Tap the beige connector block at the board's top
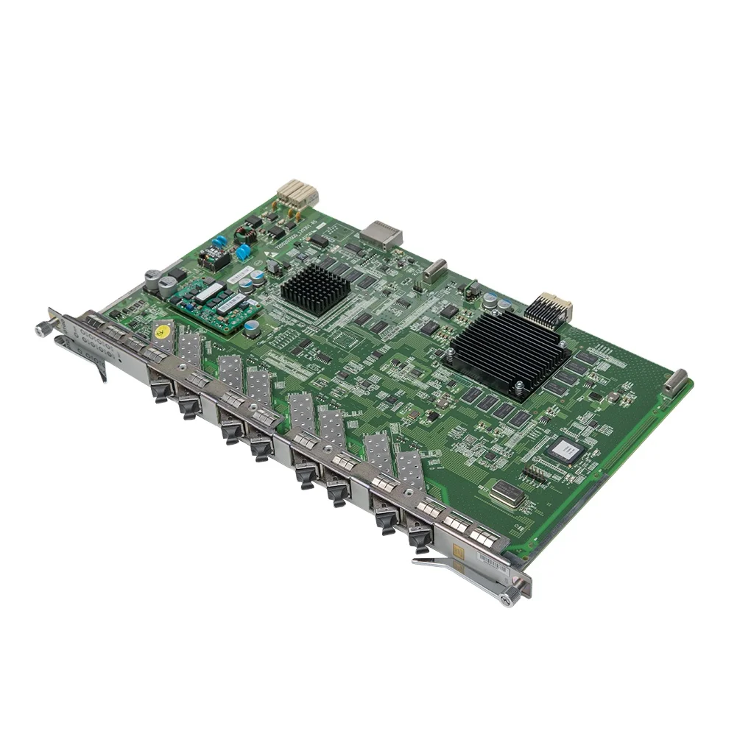[x=297, y=194]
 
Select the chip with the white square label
[x=563, y=448]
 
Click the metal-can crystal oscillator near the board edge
[x=507, y=492]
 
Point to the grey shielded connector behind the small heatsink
[x=384, y=232]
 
